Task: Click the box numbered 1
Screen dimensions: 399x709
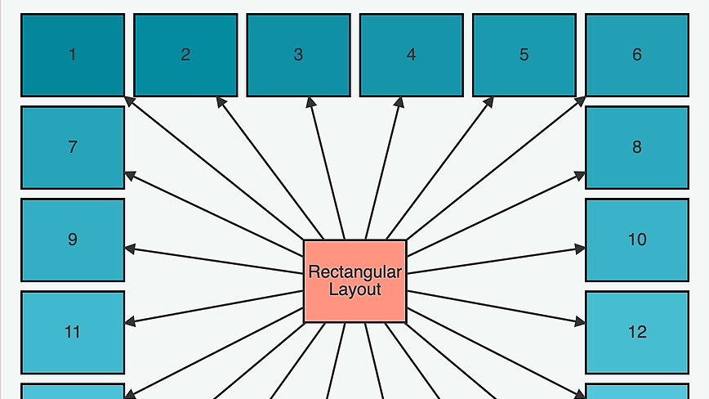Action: (x=73, y=55)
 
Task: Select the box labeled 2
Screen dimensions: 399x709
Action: (x=185, y=55)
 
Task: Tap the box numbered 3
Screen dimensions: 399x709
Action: (x=298, y=55)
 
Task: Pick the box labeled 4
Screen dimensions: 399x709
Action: (x=411, y=55)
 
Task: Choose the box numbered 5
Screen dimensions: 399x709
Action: (x=524, y=55)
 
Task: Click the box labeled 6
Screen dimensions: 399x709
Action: (x=636, y=55)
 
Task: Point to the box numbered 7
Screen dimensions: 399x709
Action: (x=73, y=147)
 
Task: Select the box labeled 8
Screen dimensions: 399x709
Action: (x=636, y=147)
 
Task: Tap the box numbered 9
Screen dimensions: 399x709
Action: (x=73, y=240)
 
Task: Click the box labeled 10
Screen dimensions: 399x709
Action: (x=636, y=240)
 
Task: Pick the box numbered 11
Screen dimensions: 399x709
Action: (x=73, y=332)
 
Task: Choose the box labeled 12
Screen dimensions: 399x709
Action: (x=636, y=332)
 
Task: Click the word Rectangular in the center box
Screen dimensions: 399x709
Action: (x=354, y=272)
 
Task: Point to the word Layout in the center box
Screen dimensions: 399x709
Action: (x=354, y=289)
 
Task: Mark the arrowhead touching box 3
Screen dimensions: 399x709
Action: (x=310, y=103)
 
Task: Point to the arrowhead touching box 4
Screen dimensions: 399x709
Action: (x=399, y=103)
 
